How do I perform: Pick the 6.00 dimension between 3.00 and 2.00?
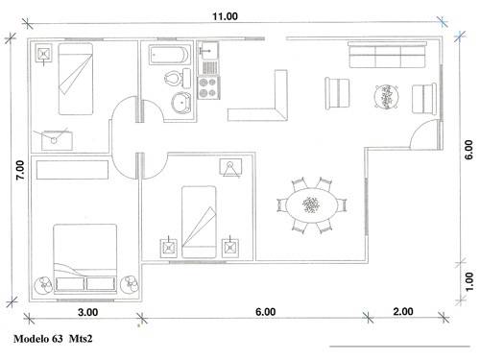266,312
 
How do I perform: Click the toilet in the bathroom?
172,79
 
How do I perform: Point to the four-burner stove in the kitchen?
208,87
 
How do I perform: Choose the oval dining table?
311,204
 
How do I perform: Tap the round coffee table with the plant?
385,95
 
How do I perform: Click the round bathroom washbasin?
180,105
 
